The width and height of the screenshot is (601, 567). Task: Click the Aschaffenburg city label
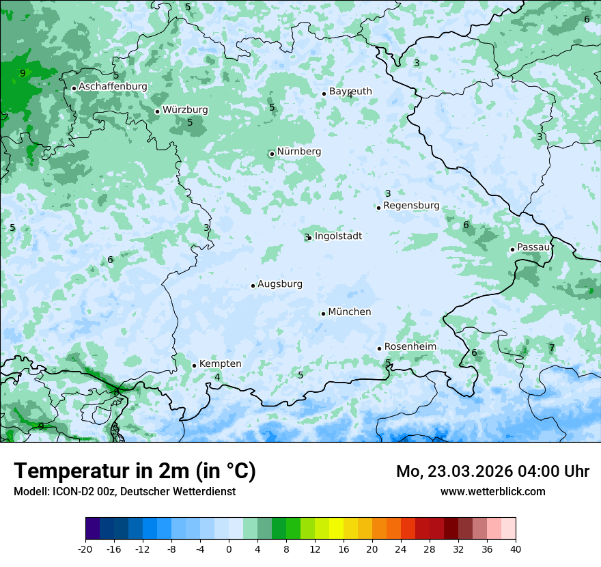click(113, 87)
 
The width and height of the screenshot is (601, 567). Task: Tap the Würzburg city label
click(185, 110)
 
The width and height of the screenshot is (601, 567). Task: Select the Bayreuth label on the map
click(350, 92)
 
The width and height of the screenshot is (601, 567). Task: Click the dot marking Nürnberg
click(272, 154)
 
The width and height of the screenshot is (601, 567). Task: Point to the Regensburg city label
click(411, 206)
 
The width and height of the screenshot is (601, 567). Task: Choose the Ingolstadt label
click(338, 236)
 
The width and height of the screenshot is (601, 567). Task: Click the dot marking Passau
click(512, 249)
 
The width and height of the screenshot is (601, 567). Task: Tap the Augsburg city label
click(280, 284)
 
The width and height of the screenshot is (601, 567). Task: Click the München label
click(350, 312)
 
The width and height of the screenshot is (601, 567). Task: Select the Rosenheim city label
click(410, 347)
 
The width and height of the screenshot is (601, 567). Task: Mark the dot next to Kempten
click(194, 365)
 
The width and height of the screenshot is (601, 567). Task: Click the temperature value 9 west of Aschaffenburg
click(23, 73)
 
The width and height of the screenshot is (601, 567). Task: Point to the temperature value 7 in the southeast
click(552, 348)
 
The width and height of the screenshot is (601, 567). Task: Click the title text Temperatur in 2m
click(135, 471)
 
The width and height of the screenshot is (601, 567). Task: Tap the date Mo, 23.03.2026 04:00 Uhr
click(492, 471)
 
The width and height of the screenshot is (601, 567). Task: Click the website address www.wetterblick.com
click(492, 491)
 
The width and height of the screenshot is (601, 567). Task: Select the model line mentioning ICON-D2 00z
click(124, 491)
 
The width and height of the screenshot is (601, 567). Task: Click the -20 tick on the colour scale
click(85, 549)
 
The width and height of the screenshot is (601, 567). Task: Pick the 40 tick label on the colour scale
click(516, 549)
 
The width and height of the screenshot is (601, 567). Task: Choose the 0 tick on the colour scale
click(229, 549)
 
